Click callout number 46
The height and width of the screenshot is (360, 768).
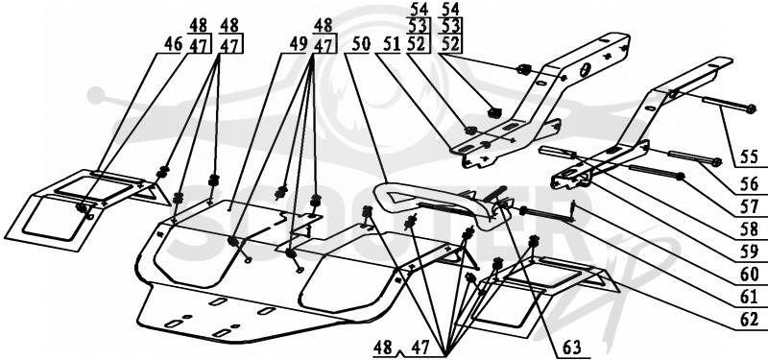coord(173,44)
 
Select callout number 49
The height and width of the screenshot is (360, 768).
coord(298,44)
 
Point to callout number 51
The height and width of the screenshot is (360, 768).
coord(390,44)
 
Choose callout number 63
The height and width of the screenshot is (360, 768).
coord(571,348)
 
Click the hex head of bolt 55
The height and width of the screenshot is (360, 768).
coord(752,109)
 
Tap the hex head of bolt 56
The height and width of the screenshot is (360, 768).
coord(716,162)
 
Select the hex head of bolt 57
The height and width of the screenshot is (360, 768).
coord(680,177)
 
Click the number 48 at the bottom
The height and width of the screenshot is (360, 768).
coord(382,348)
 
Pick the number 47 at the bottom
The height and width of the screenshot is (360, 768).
coord(420,348)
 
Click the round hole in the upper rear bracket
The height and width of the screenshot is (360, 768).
coord(585,70)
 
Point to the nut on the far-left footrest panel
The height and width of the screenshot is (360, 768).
coord(81,208)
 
